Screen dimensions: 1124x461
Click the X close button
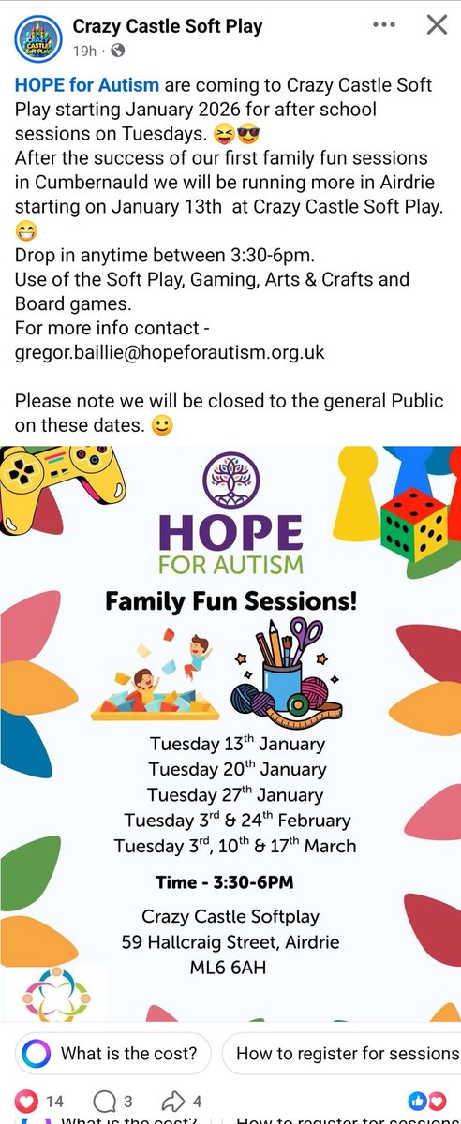(436, 25)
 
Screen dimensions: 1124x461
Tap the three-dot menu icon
(382, 25)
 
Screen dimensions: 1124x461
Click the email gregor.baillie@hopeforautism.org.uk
(169, 352)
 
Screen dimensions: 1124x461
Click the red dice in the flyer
(414, 527)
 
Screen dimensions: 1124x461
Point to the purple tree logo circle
(230, 479)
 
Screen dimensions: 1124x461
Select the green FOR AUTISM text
(230, 565)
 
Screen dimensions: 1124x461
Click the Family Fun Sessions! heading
(230, 601)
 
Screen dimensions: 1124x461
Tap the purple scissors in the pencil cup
(305, 638)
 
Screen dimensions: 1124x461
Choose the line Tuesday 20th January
(236, 769)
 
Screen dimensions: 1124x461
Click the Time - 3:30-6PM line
(224, 882)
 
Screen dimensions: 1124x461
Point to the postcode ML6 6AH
(230, 966)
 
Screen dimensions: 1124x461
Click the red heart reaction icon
(26, 1102)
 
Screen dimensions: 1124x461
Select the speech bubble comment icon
(106, 1102)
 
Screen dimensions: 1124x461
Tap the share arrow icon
(173, 1102)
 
